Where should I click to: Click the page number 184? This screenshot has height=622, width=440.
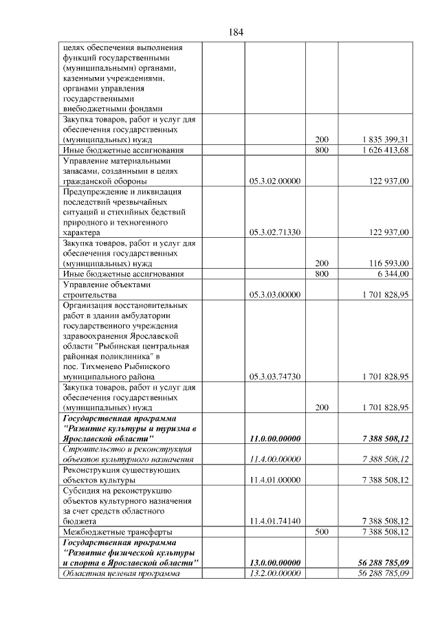(x=235, y=32)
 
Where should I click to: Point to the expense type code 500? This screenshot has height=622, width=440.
(x=322, y=531)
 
